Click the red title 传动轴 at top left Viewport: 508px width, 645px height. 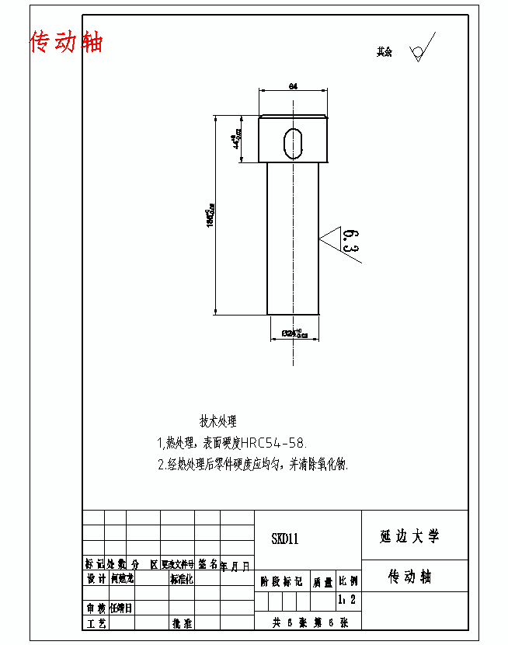pyautogui.click(x=66, y=42)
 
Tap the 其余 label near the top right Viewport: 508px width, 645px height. pyautogui.click(x=384, y=52)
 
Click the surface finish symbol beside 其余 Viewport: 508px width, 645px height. pyautogui.click(x=422, y=48)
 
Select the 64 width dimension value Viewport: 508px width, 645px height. pyautogui.click(x=293, y=86)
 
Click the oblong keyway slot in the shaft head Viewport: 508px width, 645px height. pyautogui.click(x=294, y=141)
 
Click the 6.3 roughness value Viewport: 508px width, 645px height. pyautogui.click(x=350, y=241)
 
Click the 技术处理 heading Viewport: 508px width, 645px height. pyautogui.click(x=218, y=422)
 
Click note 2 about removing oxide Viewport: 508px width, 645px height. pyautogui.click(x=253, y=465)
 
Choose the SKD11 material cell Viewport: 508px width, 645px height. pyautogui.click(x=285, y=539)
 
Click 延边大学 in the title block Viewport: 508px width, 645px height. pyautogui.click(x=409, y=536)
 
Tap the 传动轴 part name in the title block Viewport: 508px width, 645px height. pyautogui.click(x=409, y=577)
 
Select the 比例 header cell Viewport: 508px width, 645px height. pyautogui.click(x=348, y=580)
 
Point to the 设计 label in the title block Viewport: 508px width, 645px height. pyautogui.click(x=96, y=579)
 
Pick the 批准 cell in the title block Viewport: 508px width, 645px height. pyautogui.click(x=182, y=623)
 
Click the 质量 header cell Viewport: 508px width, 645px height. pyautogui.click(x=322, y=580)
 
